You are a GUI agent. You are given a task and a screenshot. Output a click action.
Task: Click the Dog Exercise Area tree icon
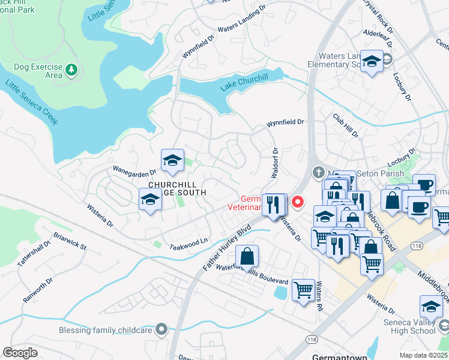[71, 70]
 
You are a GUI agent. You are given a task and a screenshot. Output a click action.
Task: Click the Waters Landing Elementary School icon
[372, 61]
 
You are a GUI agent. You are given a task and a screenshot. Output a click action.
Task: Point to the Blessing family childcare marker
[161, 328]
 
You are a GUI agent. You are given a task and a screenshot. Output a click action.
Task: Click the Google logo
[20, 352]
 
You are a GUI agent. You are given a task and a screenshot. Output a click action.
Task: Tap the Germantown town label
[340, 357]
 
